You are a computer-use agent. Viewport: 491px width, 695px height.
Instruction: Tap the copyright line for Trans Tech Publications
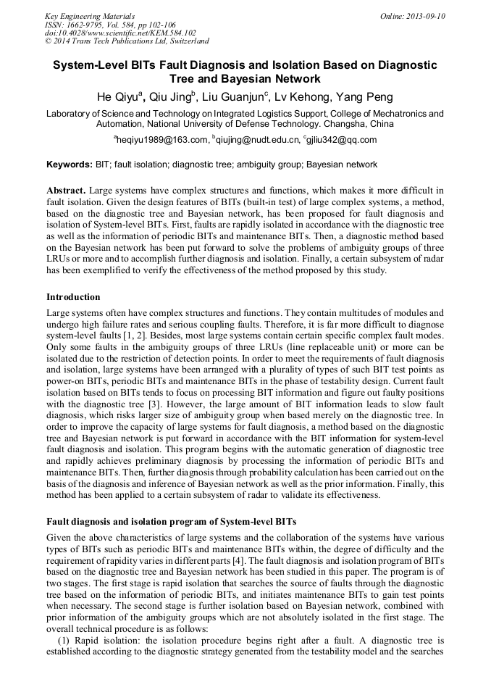pos(127,42)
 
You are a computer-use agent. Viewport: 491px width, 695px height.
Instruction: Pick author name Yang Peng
pos(365,97)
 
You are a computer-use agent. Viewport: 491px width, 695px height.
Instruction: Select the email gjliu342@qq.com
pos(342,141)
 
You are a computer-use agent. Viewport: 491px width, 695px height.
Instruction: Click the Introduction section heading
pos(73,297)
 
